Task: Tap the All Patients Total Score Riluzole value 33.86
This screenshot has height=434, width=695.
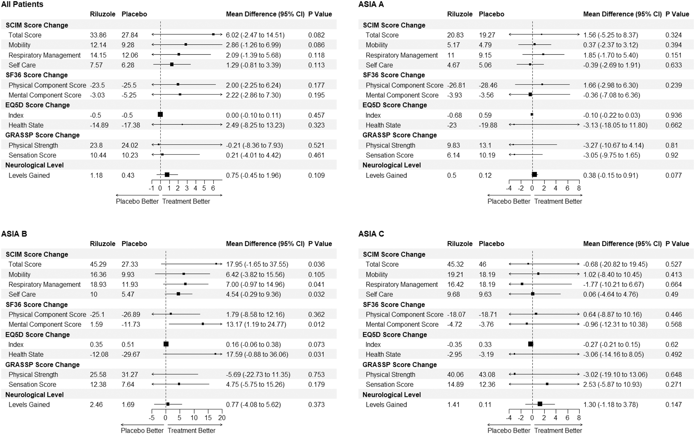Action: coord(98,35)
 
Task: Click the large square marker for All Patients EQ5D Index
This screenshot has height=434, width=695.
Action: coord(160,114)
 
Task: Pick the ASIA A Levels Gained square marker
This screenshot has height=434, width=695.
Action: coord(534,174)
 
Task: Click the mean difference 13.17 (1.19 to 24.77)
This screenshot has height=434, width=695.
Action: coord(256,324)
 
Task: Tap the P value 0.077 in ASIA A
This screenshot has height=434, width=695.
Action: coord(673,175)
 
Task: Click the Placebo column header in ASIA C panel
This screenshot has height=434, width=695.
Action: coord(491,244)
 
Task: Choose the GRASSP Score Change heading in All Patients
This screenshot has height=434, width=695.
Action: coord(42,135)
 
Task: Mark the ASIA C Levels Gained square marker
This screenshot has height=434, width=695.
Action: coord(540,404)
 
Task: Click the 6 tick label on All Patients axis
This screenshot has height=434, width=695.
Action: coord(213,188)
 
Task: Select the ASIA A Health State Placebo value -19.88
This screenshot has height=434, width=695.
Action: coord(488,125)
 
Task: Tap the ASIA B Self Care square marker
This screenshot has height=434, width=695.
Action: coord(178,294)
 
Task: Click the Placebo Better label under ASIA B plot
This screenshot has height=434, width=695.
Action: coord(142,431)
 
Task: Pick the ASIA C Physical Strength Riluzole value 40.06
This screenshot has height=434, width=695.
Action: coord(455,375)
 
